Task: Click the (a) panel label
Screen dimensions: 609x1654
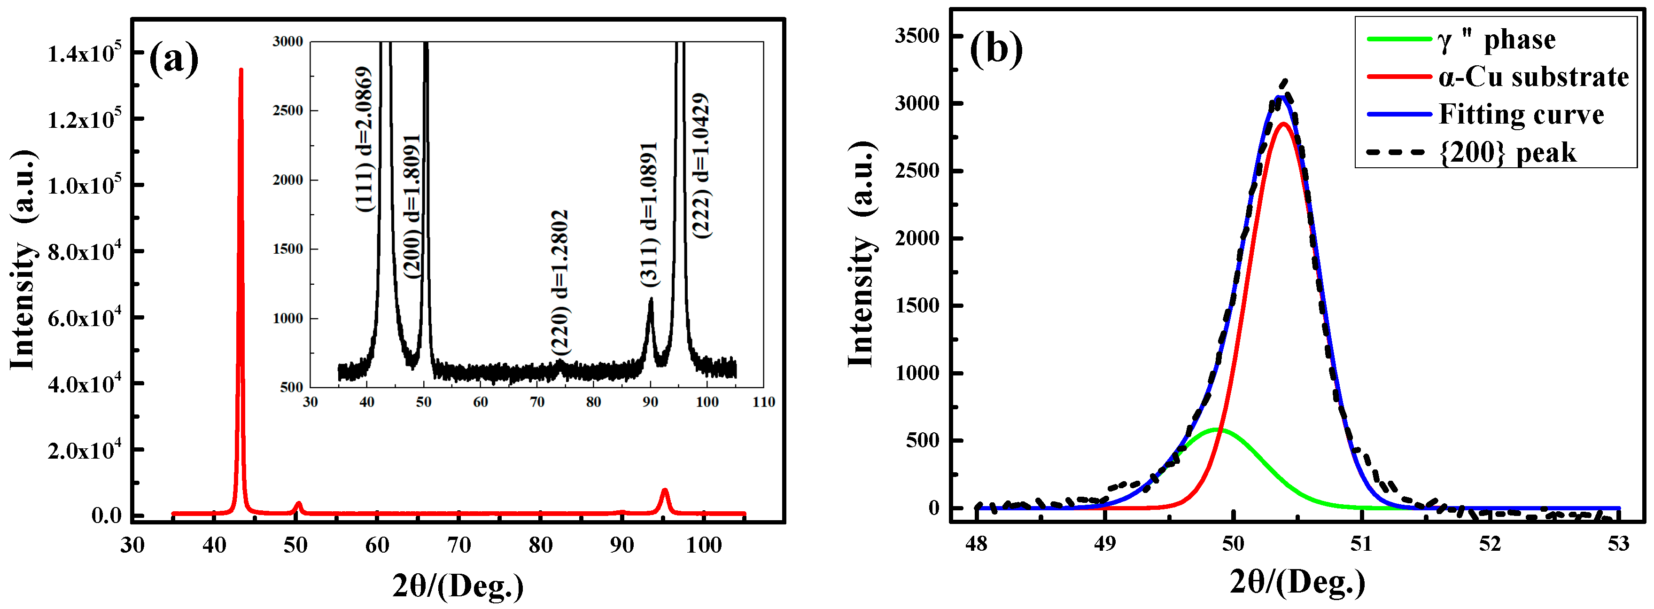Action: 173,59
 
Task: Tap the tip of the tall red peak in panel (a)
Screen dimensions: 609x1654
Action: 241,70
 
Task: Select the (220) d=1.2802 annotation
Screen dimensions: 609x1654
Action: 560,283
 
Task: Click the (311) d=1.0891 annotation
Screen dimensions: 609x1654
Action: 649,214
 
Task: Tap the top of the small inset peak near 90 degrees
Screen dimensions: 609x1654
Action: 651,299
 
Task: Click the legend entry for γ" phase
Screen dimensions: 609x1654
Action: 1496,40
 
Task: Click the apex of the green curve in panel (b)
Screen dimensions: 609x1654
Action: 1218,429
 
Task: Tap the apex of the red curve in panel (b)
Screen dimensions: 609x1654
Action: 1283,123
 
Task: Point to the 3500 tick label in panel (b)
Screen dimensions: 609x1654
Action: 917,36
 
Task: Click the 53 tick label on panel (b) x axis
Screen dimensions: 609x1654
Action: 1618,544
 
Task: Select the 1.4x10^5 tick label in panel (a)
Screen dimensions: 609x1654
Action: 84,53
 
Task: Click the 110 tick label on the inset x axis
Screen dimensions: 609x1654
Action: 763,402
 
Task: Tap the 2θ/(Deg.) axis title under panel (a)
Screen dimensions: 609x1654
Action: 458,585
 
